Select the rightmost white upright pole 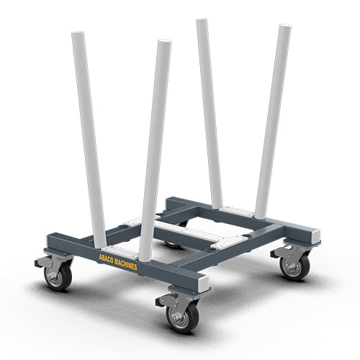pos(272,115)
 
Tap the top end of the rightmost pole pos(284,30)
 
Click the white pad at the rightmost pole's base pos(238,212)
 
